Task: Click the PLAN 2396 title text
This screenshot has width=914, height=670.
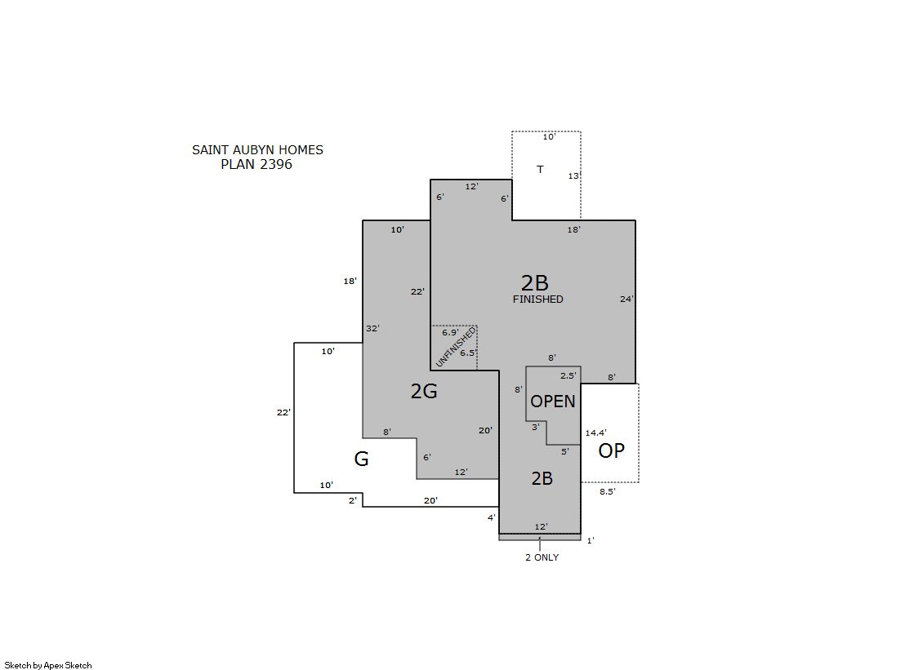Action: pyautogui.click(x=256, y=164)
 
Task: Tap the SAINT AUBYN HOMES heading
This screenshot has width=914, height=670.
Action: pyautogui.click(x=257, y=149)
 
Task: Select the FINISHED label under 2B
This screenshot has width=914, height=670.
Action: pyautogui.click(x=538, y=299)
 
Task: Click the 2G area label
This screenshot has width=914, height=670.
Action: pyautogui.click(x=424, y=391)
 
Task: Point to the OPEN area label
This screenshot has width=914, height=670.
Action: pyautogui.click(x=553, y=401)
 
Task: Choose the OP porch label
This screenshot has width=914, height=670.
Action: pyautogui.click(x=612, y=450)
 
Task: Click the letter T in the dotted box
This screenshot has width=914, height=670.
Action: pyautogui.click(x=540, y=170)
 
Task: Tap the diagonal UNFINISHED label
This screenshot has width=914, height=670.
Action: pyautogui.click(x=456, y=347)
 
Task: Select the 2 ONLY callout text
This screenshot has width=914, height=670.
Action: pyautogui.click(x=542, y=557)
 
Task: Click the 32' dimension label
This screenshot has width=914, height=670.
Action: pyautogui.click(x=372, y=329)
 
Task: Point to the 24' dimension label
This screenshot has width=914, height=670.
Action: pyautogui.click(x=626, y=299)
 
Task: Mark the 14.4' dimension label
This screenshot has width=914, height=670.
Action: pyautogui.click(x=595, y=433)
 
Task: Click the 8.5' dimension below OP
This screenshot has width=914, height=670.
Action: pyautogui.click(x=608, y=491)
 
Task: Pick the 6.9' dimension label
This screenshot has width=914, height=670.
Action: pyautogui.click(x=450, y=333)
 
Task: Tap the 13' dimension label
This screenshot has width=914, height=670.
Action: pyautogui.click(x=574, y=176)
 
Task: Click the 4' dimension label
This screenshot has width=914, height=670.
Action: pyautogui.click(x=492, y=517)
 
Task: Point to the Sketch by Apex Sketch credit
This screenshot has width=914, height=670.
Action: pyautogui.click(x=48, y=665)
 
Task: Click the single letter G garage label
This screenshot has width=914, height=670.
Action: pyautogui.click(x=361, y=459)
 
